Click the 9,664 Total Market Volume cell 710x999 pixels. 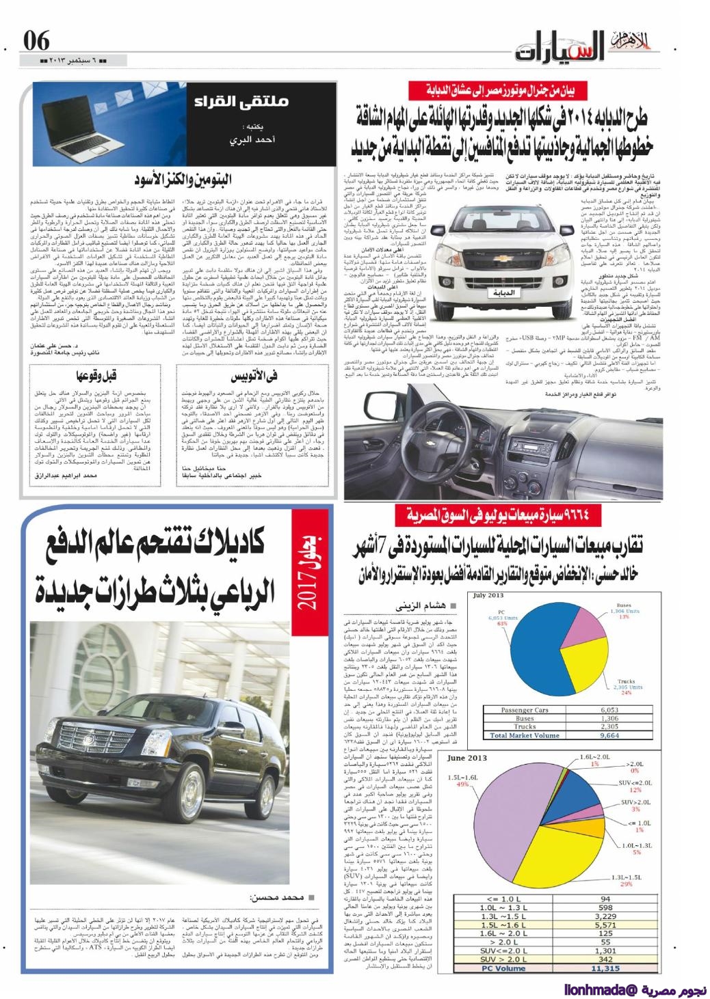pos(609,737)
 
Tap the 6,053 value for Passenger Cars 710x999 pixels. pos(609,710)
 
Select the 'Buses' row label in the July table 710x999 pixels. pos(525,719)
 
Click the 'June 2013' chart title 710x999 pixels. pos(468,758)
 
